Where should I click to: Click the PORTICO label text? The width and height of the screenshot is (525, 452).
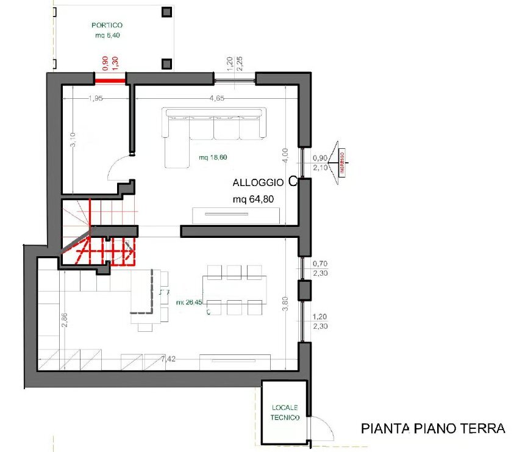point(107,26)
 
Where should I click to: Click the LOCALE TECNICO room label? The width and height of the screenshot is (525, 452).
point(285,413)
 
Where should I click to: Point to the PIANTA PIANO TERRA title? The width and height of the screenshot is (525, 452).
point(433,428)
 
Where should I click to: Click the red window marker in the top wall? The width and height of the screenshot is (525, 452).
point(110,77)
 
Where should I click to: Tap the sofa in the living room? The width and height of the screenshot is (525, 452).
point(213,131)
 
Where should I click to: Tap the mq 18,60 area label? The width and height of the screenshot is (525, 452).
point(213,157)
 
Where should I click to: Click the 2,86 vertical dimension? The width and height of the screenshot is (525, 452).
point(65,320)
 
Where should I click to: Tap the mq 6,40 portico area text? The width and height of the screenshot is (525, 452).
point(107,35)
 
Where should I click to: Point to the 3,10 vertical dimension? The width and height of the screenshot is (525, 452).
point(73,140)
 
